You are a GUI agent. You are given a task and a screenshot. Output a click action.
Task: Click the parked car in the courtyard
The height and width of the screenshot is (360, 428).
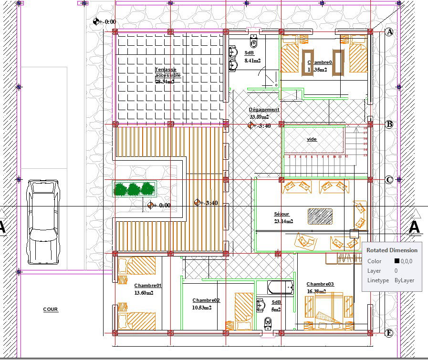point(43,222)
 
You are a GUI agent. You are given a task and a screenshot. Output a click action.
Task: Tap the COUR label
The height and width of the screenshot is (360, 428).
point(51,309)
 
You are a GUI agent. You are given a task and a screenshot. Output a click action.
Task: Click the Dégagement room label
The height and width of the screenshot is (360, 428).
point(264,110)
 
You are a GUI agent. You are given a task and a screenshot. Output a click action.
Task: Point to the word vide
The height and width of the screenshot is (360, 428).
point(312,139)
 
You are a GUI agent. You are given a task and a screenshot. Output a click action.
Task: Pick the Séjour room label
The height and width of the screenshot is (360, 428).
point(282,214)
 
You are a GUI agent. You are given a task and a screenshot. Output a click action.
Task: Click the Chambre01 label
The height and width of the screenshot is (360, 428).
point(148,286)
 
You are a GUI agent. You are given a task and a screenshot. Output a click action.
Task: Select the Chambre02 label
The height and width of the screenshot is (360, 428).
point(206,300)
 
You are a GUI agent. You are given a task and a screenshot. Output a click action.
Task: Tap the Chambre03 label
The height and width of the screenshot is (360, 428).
point(320,284)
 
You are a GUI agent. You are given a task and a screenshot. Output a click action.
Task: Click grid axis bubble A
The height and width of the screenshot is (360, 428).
point(389,32)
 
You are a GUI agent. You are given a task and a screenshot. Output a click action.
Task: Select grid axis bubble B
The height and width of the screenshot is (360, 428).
point(389,124)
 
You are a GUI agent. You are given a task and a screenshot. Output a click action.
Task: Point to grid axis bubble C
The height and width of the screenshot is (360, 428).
point(389,180)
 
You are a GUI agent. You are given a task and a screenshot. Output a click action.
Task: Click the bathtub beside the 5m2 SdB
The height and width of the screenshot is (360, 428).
point(280,288)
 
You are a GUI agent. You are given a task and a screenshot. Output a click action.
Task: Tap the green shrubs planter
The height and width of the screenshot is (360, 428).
point(135,189)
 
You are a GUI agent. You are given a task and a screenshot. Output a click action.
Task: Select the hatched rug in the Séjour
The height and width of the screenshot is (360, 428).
point(320,216)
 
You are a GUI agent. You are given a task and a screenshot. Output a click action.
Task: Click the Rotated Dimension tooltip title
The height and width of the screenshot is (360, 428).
point(392,250)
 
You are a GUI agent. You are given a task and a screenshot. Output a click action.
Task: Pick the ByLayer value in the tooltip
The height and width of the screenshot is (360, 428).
point(404,281)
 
